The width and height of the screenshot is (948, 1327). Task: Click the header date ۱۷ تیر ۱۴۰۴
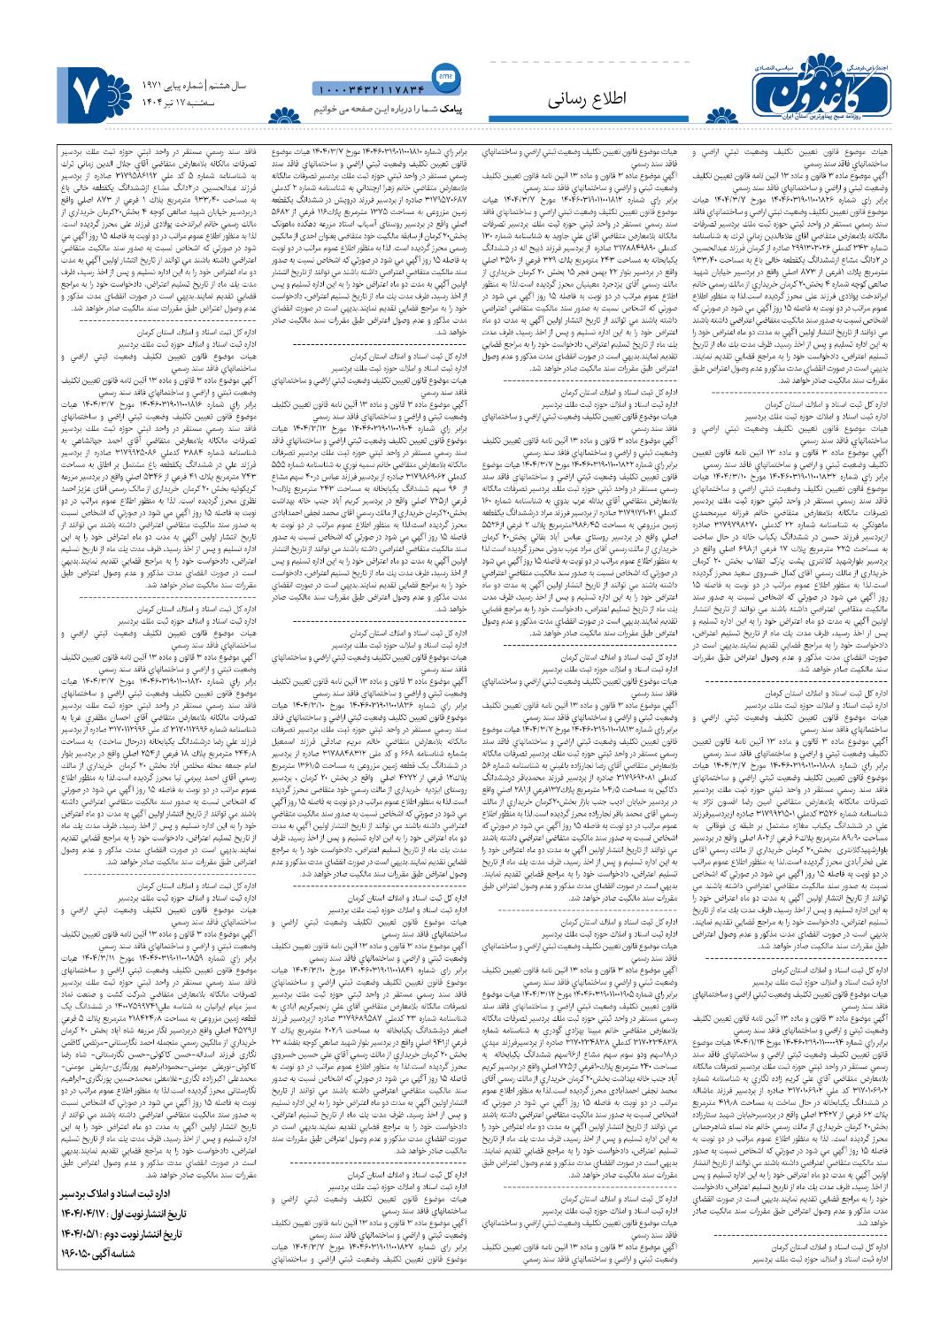point(159,104)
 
